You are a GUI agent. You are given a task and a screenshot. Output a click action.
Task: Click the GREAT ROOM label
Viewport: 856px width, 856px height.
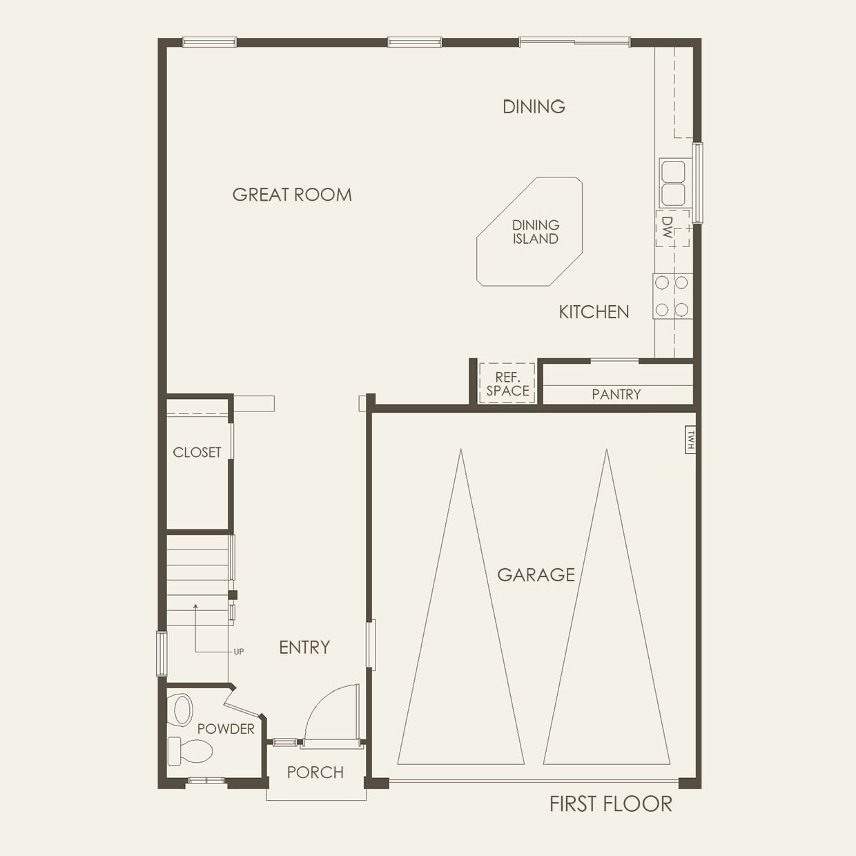[292, 195]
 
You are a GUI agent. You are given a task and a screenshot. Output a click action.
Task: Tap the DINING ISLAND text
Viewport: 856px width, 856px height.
[535, 232]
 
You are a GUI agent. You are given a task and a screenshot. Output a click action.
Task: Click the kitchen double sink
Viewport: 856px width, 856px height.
[673, 183]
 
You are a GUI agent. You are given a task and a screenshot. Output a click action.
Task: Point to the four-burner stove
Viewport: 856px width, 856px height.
[672, 295]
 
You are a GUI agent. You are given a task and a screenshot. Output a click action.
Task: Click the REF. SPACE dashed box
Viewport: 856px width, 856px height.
[507, 384]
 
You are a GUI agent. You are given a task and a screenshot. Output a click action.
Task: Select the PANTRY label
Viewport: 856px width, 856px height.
[616, 394]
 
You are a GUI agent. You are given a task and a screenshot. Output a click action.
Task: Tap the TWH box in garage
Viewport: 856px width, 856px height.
[690, 440]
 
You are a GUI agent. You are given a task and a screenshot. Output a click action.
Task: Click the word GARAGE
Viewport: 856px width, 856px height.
[536, 574]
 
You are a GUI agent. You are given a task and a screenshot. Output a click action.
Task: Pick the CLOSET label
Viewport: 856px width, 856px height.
[197, 452]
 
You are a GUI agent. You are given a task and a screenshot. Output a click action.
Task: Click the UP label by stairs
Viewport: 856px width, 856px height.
[239, 652]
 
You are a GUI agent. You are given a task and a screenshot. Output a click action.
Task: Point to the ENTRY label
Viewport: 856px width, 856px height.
[304, 647]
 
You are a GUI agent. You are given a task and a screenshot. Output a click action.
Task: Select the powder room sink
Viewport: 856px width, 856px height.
[182, 709]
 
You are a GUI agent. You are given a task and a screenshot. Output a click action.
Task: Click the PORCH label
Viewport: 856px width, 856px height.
[315, 772]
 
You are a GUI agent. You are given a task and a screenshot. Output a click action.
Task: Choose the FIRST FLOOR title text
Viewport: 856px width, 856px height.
[610, 804]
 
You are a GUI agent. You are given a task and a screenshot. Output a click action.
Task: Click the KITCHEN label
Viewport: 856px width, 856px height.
[594, 312]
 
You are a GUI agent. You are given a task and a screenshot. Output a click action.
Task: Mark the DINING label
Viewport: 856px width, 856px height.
[534, 106]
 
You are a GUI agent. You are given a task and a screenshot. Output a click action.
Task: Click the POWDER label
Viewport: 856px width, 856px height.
[226, 728]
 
